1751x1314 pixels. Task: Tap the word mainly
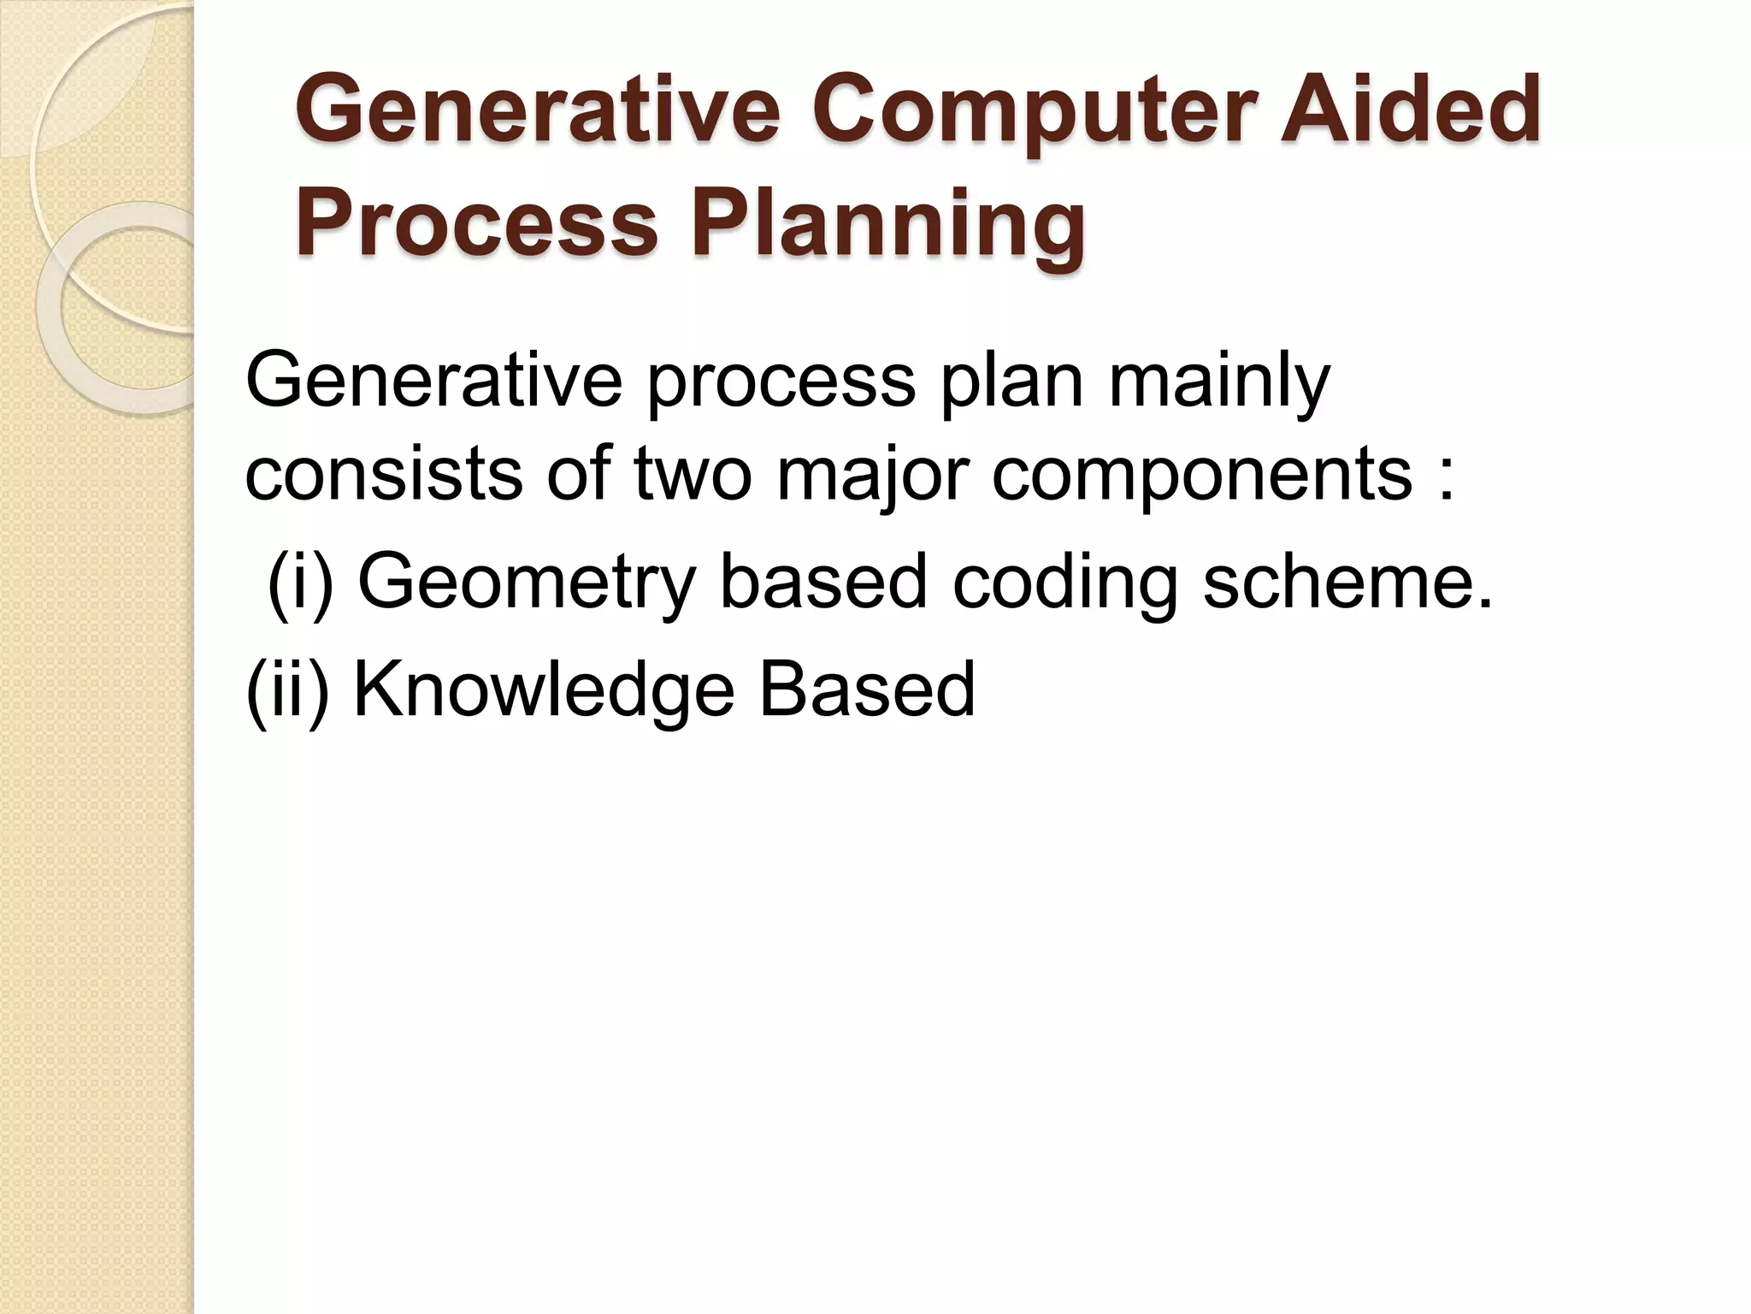pos(1219,382)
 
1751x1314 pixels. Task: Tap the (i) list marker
pos(300,582)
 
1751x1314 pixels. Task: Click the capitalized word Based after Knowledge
pos(867,690)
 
